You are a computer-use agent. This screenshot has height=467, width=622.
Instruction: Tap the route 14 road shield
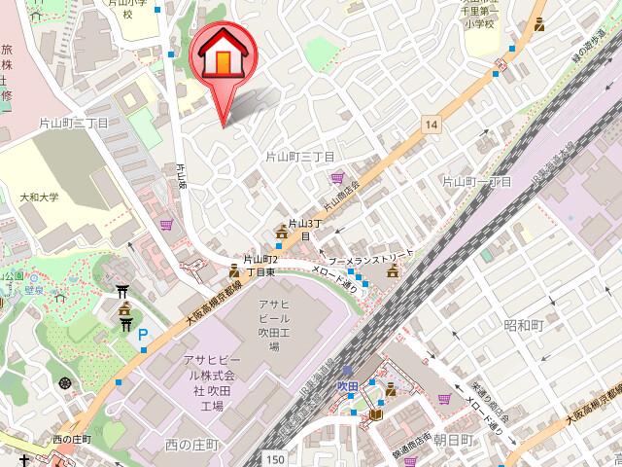(x=432, y=124)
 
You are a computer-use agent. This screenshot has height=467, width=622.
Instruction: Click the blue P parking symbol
(x=143, y=337)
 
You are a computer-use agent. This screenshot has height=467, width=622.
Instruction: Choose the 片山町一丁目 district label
(x=477, y=182)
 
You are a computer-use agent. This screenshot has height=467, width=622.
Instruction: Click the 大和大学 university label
(x=39, y=198)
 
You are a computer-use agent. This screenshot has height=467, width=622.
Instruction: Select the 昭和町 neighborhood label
(x=523, y=324)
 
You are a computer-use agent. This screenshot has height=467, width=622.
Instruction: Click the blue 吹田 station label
(x=348, y=386)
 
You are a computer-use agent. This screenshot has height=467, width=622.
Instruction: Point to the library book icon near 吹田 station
(x=374, y=415)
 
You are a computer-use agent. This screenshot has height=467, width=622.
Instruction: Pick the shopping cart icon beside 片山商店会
(x=337, y=178)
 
